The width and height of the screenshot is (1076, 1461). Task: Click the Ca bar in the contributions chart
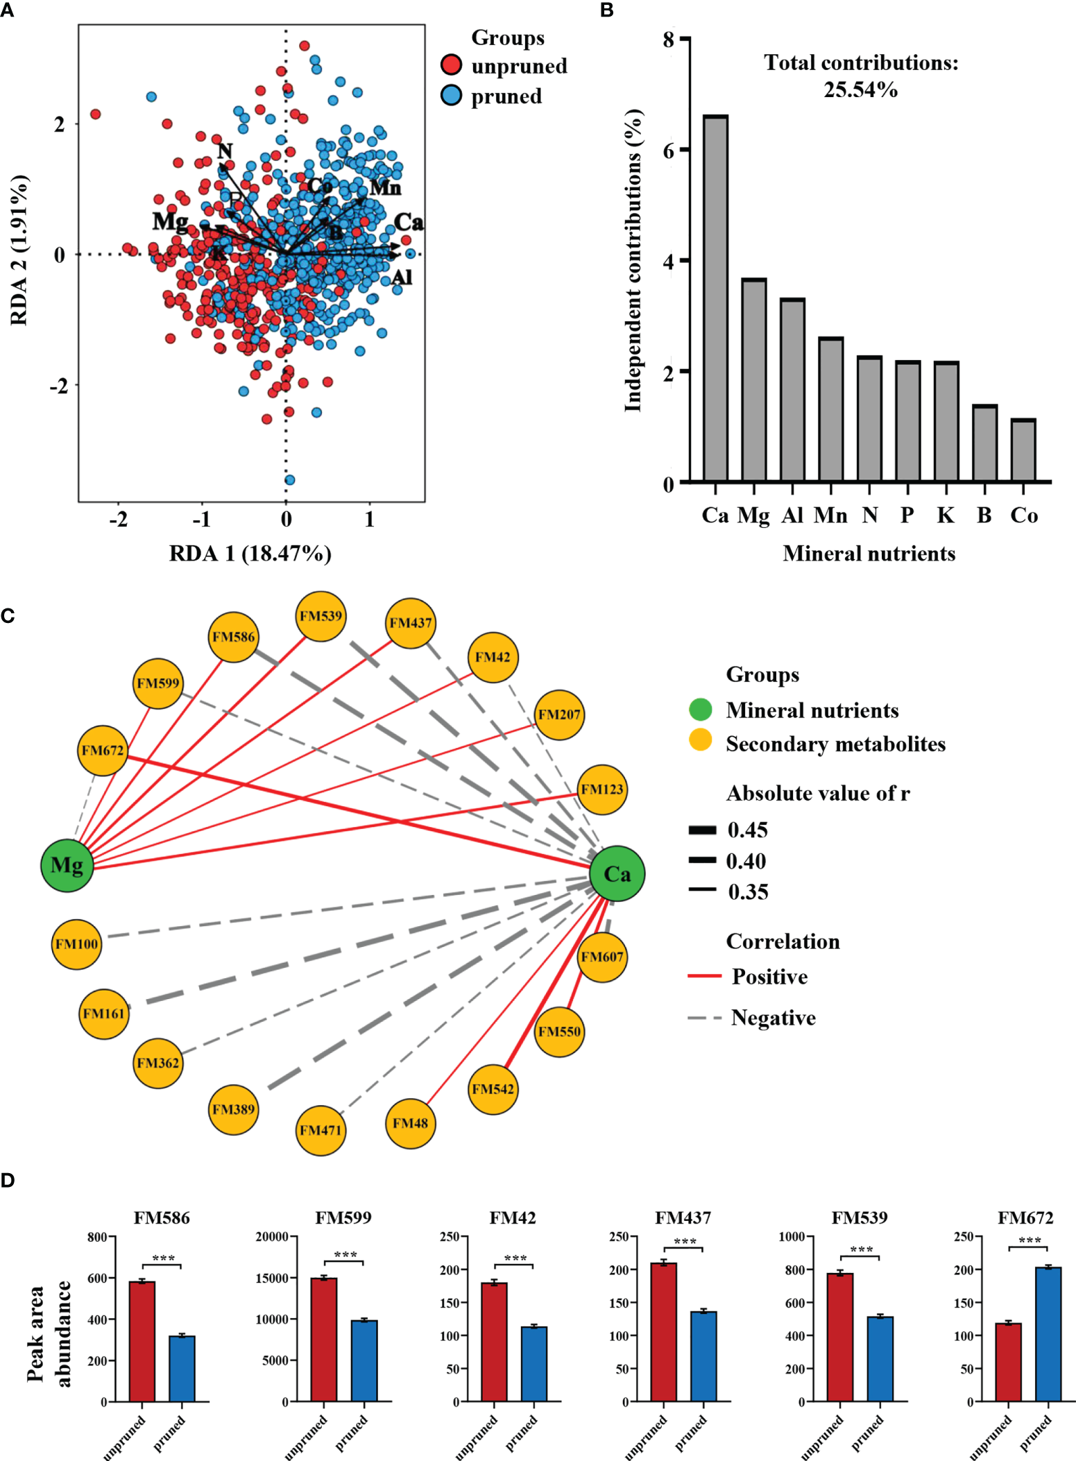(715, 298)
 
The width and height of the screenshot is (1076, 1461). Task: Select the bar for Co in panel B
(1023, 451)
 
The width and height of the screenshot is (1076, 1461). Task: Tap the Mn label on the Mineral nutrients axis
(830, 515)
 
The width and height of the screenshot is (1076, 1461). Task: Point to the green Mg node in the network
(67, 865)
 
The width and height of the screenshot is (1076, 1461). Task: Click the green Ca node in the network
(617, 873)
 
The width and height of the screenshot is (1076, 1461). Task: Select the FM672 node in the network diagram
(103, 751)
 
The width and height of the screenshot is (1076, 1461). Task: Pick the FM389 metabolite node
(234, 1109)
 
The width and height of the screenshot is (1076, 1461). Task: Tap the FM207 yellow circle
(559, 715)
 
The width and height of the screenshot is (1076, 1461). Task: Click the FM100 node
(77, 944)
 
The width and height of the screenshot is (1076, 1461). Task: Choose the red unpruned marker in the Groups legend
(452, 65)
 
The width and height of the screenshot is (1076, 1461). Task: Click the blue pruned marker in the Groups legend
(452, 96)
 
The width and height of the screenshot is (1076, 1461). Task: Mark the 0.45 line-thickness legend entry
(703, 830)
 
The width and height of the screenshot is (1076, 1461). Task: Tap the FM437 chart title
(683, 1218)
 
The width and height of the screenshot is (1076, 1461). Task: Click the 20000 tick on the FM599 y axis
(272, 1237)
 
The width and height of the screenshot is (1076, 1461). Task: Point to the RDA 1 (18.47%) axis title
(250, 553)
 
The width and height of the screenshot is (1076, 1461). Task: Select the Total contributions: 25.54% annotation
(861, 76)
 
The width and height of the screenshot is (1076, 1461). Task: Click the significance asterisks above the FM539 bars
(861, 1249)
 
